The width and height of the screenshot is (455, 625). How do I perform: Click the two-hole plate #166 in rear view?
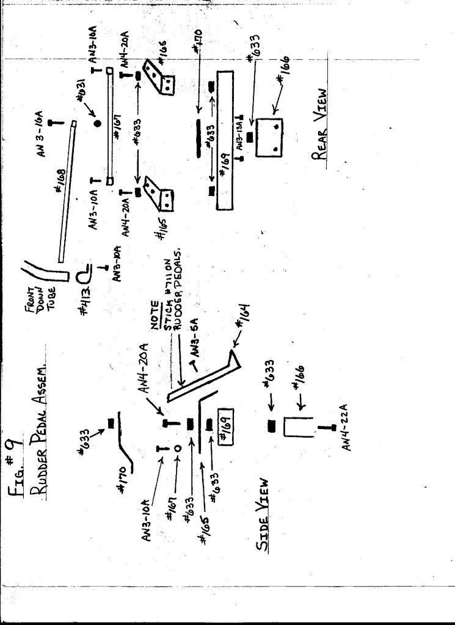(269, 138)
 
